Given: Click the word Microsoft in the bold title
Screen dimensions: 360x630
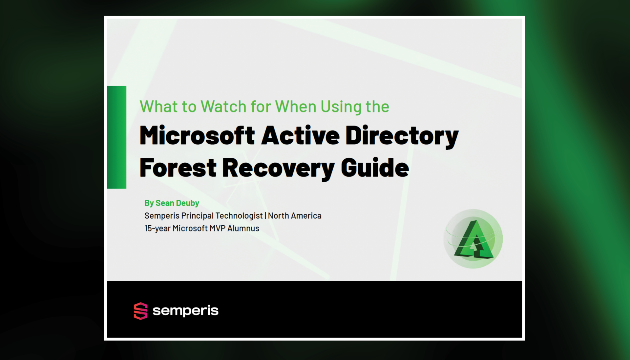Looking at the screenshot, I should point(197,135).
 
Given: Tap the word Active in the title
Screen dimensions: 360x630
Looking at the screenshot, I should point(300,135).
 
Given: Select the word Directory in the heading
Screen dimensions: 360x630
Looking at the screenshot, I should point(402,135).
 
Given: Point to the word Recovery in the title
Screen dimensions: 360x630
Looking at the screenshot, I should point(278,168).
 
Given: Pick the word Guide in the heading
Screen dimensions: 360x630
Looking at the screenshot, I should point(375,168).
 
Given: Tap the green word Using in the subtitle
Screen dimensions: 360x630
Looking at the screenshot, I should point(341,107).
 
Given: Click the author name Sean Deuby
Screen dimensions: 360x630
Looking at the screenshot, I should point(177,203).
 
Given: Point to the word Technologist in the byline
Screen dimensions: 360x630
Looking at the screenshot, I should point(239,216).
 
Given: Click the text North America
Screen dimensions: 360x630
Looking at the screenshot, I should point(295,216).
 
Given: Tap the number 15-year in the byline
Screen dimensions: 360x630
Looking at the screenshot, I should point(157,228).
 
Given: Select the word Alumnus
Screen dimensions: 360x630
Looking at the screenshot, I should point(243,228).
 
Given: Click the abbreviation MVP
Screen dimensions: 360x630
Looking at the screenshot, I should point(217,228).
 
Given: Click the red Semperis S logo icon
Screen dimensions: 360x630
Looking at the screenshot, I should point(141,311).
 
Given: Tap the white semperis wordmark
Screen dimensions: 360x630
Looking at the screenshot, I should point(185,310).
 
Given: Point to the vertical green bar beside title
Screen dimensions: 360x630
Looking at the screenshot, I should point(116,137).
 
